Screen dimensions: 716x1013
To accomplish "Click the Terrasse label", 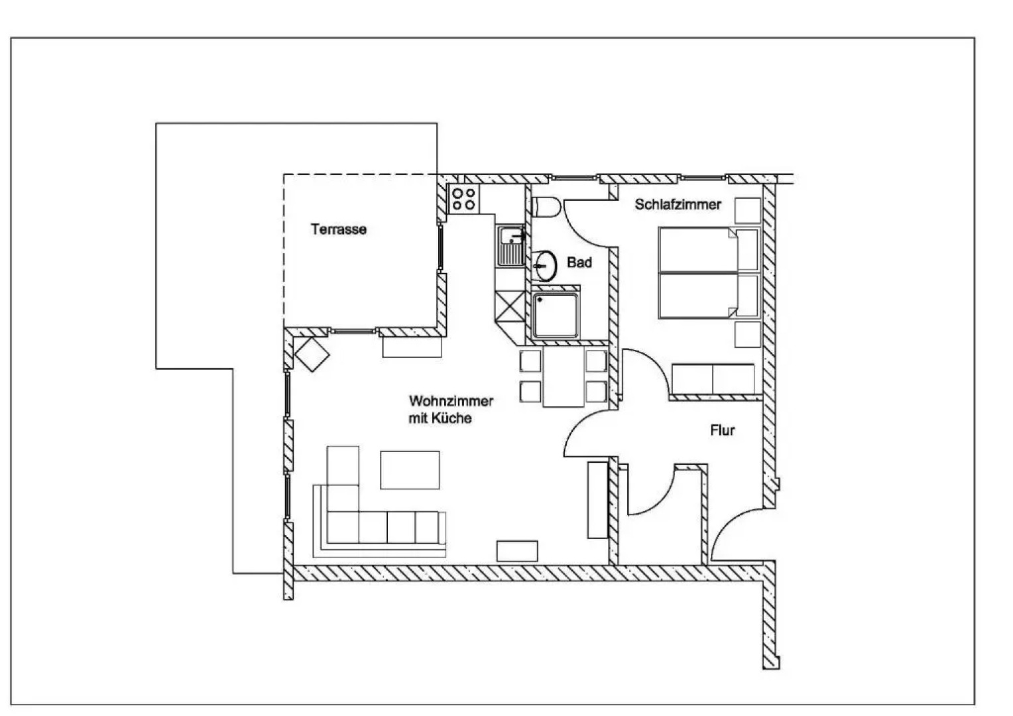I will [x=338, y=229].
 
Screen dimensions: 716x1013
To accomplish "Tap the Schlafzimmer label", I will [x=678, y=204].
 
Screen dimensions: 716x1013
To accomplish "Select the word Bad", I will [x=579, y=263].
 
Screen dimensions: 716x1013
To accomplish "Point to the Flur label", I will [x=722, y=430].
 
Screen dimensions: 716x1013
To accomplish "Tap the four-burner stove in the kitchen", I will [x=463, y=199].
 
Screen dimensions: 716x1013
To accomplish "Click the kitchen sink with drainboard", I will [x=511, y=245].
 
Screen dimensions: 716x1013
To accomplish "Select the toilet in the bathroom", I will [x=546, y=207].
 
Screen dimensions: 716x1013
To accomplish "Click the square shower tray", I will [x=556, y=316].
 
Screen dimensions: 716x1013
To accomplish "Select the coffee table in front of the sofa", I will [x=409, y=469].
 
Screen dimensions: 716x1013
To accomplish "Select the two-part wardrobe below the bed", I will [x=713, y=379].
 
